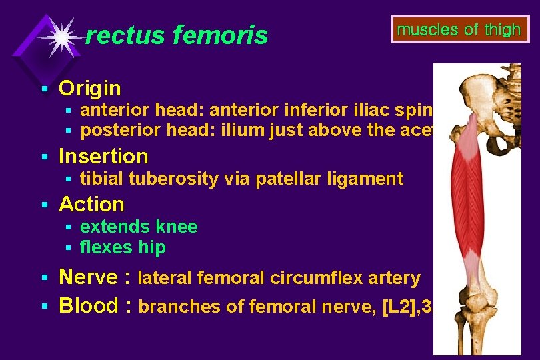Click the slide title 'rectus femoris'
coord(177,35)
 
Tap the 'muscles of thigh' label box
coord(459,29)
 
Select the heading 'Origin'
coord(90,88)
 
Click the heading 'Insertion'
coord(103,156)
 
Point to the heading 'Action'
coord(91,204)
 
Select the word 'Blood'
coord(89,305)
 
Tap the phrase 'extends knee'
coord(139,227)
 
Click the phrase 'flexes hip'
coord(123,248)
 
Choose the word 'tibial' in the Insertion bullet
coord(101,179)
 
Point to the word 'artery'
coord(395,278)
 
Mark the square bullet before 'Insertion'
coord(45,157)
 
